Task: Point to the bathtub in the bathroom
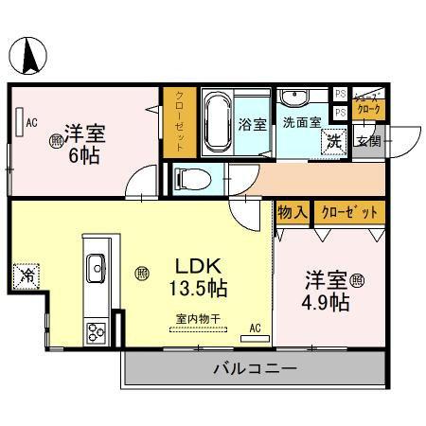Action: pos(217,122)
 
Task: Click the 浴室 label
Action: pos(252,124)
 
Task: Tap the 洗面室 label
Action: pos(302,122)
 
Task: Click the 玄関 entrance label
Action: pos(368,142)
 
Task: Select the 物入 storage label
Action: pos(292,212)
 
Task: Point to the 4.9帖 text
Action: pos(328,303)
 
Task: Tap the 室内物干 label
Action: pos(198,320)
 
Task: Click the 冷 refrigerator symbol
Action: pos(26,277)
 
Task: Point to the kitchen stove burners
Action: pos(97,332)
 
